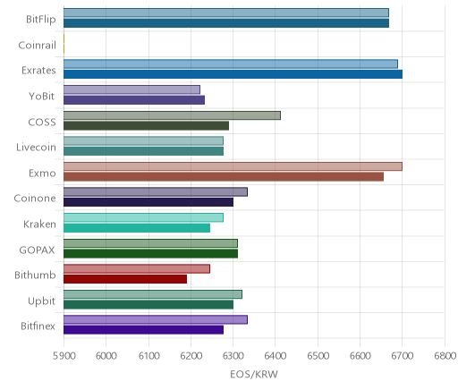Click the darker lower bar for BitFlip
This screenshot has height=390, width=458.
tap(226, 23)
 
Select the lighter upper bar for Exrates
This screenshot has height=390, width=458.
tap(231, 64)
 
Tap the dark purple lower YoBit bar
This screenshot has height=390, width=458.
tap(134, 100)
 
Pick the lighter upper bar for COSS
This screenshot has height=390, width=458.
tap(172, 115)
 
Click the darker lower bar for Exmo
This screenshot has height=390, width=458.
tap(224, 177)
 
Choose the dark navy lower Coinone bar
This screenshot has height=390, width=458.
tap(148, 202)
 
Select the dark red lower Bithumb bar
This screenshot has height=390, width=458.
tap(125, 279)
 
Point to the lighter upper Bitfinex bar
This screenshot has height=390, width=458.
tap(156, 320)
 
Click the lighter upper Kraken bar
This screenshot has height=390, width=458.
tap(143, 217)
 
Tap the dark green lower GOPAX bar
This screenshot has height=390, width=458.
tap(150, 254)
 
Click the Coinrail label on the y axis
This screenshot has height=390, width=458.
tap(37, 46)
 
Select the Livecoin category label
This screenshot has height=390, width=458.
tap(36, 148)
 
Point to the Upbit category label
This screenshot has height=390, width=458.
tap(41, 301)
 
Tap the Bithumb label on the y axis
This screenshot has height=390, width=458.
tap(35, 275)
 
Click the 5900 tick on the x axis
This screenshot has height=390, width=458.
tap(64, 356)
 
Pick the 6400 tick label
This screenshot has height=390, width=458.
tap(276, 356)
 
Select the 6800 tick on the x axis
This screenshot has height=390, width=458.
tap(445, 356)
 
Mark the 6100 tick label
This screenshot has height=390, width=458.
tap(148, 356)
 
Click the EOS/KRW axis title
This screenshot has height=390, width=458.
tap(254, 374)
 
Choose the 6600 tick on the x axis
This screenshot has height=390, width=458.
tap(360, 356)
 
